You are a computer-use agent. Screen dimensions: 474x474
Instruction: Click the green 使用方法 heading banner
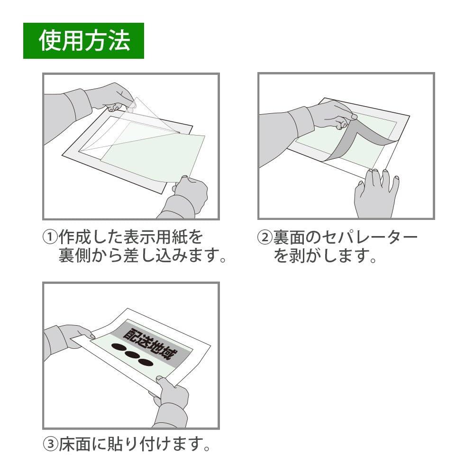click(x=83, y=41)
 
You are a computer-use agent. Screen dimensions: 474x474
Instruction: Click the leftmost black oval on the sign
click(x=116, y=348)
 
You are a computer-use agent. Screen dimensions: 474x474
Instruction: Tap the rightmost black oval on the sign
click(x=145, y=363)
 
